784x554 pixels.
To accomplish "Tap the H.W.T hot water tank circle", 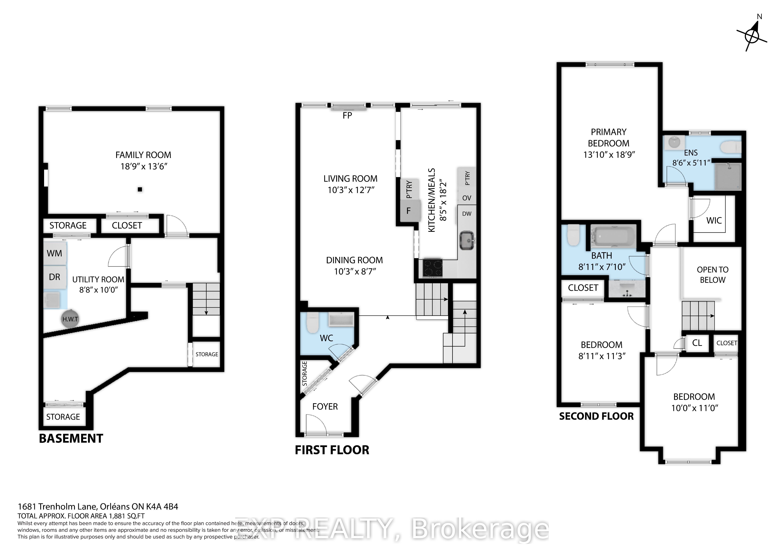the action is click(70, 320).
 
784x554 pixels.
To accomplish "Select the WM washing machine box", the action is click(55, 253).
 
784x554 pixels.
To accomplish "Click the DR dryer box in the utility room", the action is click(55, 277).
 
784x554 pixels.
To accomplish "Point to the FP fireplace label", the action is click(347, 116).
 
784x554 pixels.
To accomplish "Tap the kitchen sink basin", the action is click(467, 241).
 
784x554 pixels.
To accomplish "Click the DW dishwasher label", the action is click(467, 214).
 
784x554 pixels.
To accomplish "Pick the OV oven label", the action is click(467, 198).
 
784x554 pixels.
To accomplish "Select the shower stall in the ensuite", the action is click(728, 176).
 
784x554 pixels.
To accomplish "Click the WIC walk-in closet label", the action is click(714, 221).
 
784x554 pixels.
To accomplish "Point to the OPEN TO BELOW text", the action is click(713, 275).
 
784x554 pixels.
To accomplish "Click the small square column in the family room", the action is click(140, 189).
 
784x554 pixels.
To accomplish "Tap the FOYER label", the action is click(325, 406).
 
